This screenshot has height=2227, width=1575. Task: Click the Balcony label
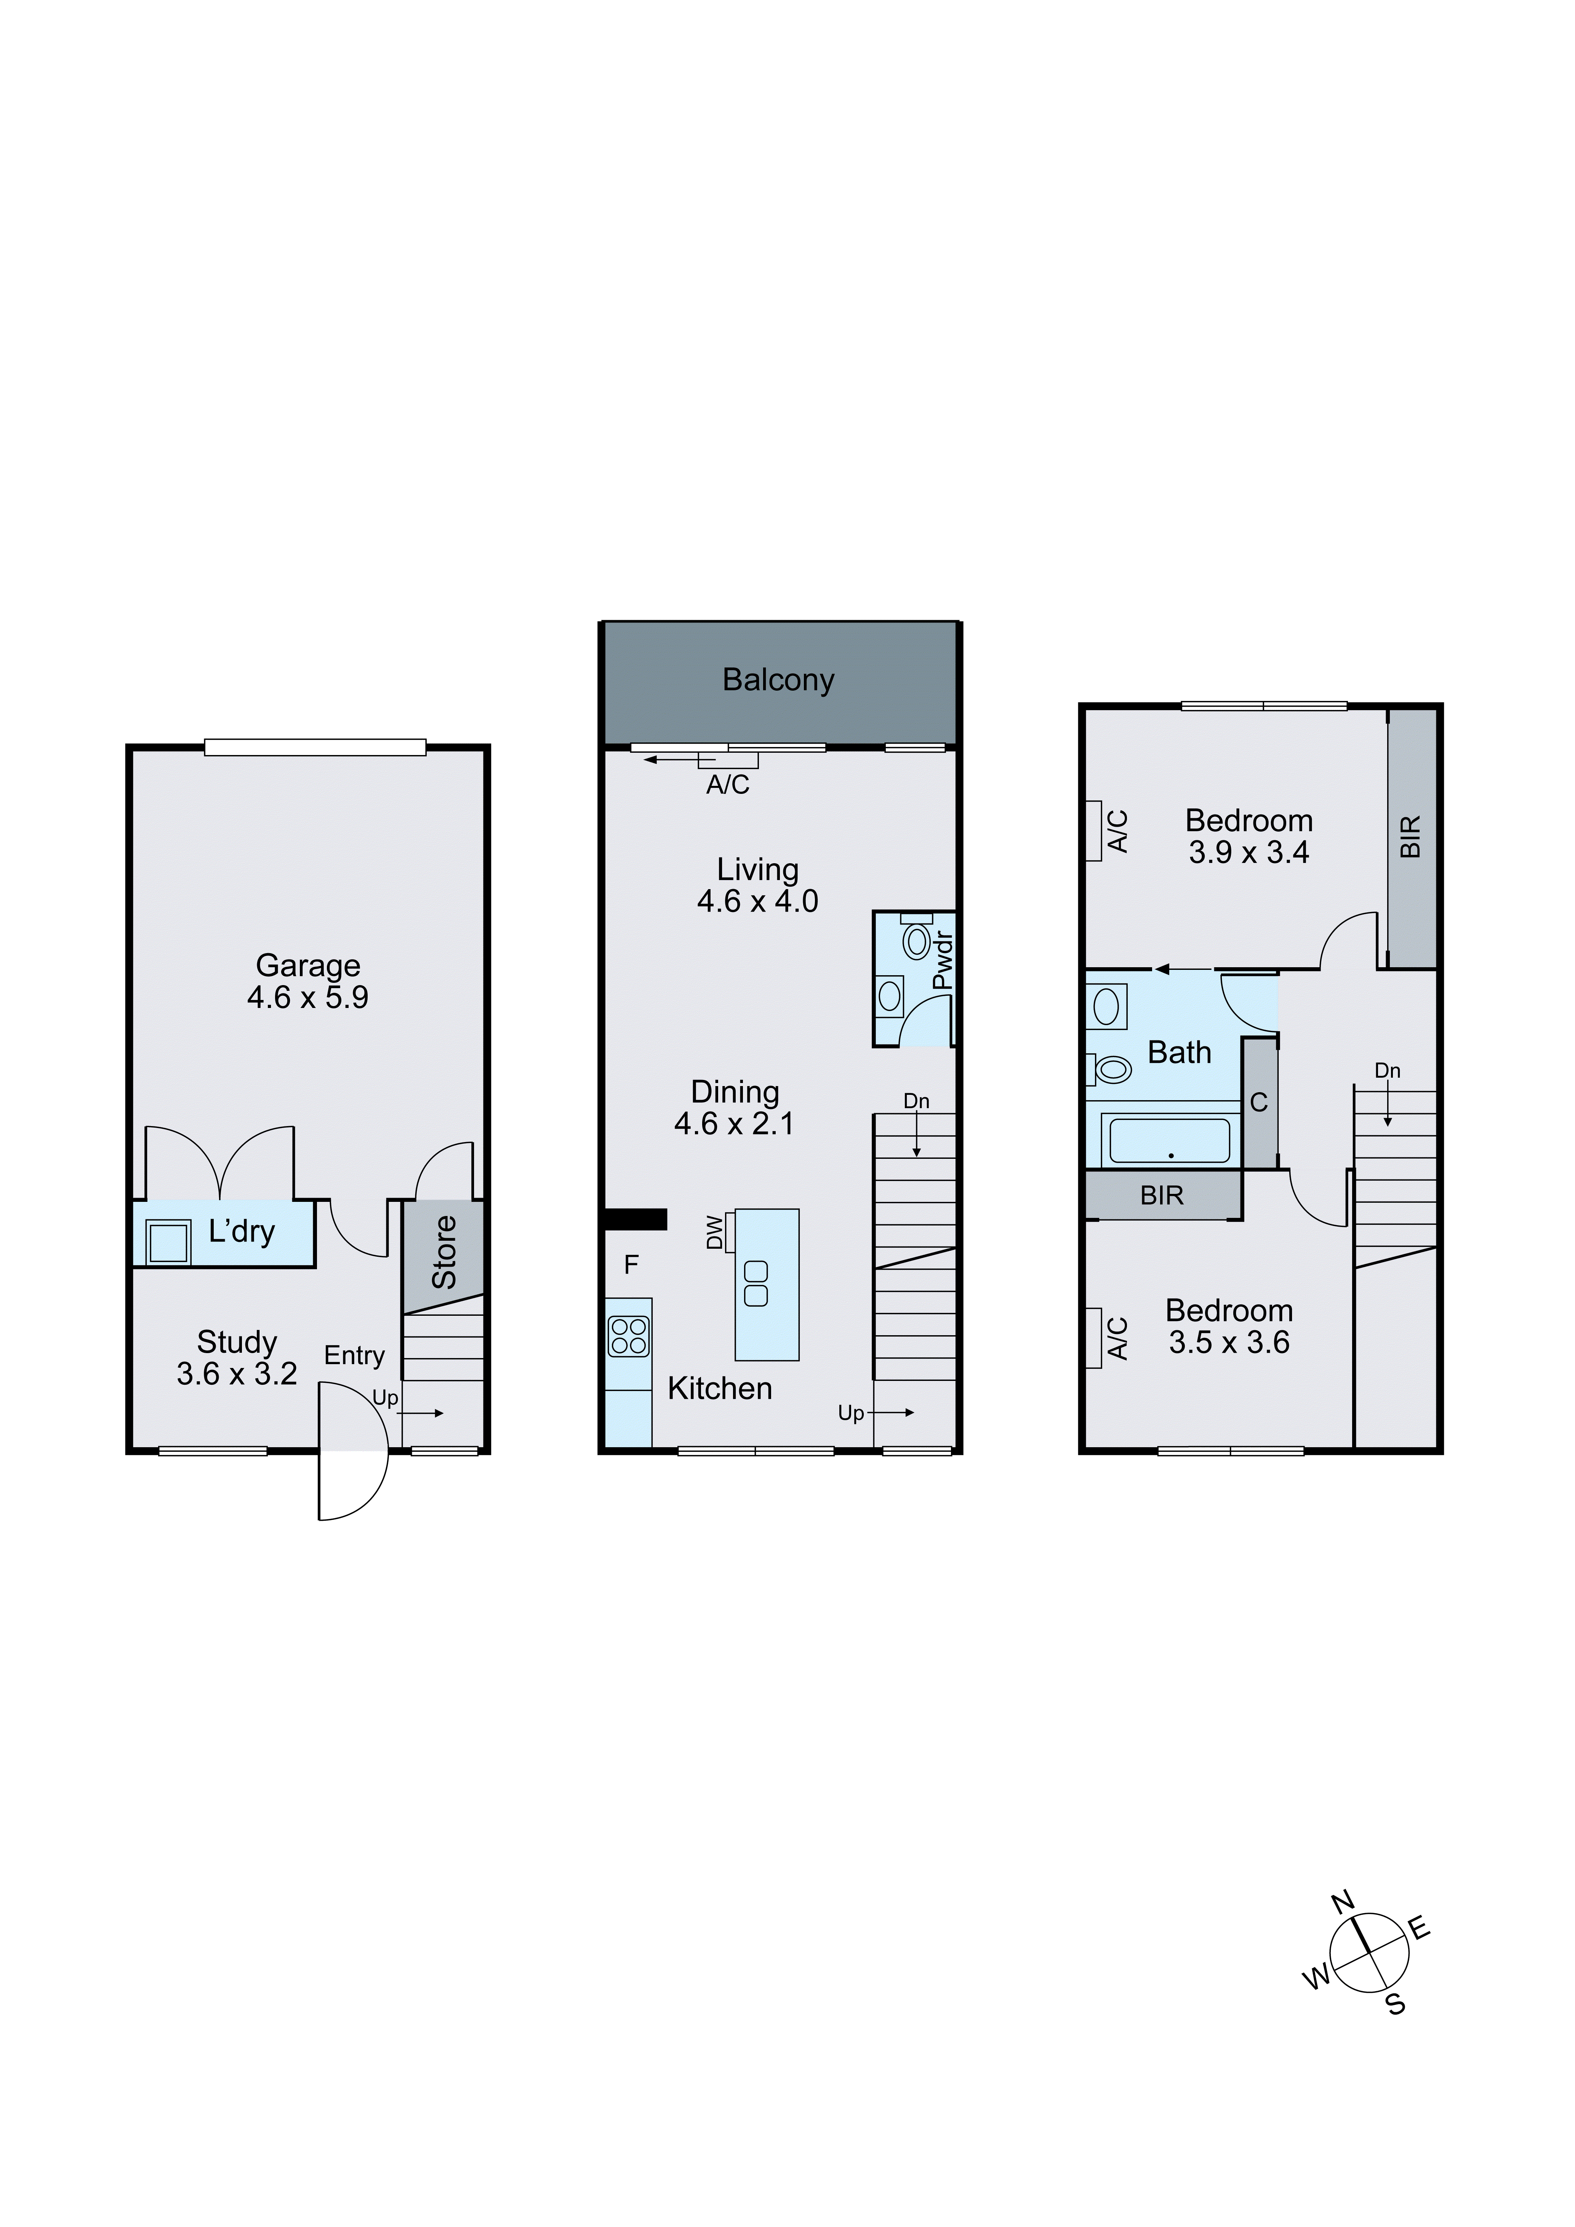[x=778, y=680]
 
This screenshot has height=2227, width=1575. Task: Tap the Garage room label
[x=307, y=965]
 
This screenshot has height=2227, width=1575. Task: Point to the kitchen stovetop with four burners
[x=629, y=1336]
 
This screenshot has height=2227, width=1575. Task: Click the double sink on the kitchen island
[x=755, y=1283]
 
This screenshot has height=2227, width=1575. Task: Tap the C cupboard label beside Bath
[x=1259, y=1103]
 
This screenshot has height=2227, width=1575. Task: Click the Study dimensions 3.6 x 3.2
[x=237, y=1373]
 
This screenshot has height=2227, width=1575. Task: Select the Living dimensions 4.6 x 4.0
[x=757, y=901]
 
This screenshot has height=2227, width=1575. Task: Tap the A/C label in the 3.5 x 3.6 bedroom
[x=1118, y=1339]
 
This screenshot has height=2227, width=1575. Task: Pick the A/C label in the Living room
[x=727, y=785]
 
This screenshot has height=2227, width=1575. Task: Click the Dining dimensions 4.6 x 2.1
[x=734, y=1123]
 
